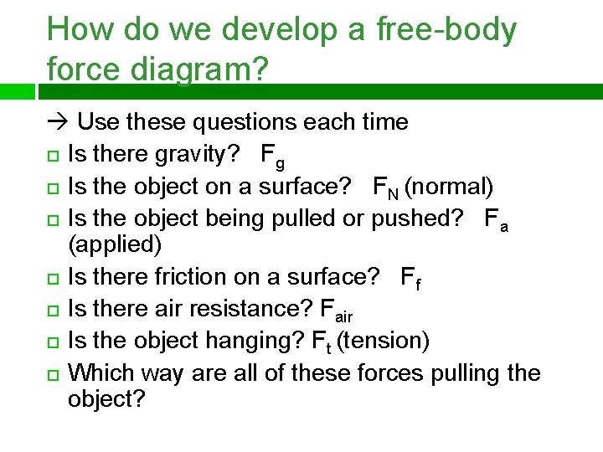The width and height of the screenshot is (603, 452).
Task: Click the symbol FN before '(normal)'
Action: click(x=386, y=187)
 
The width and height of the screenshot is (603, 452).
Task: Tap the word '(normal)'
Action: click(x=449, y=186)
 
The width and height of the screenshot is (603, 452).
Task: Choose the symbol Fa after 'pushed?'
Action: click(x=497, y=218)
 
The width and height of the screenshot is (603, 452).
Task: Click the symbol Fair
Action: click(x=337, y=310)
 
